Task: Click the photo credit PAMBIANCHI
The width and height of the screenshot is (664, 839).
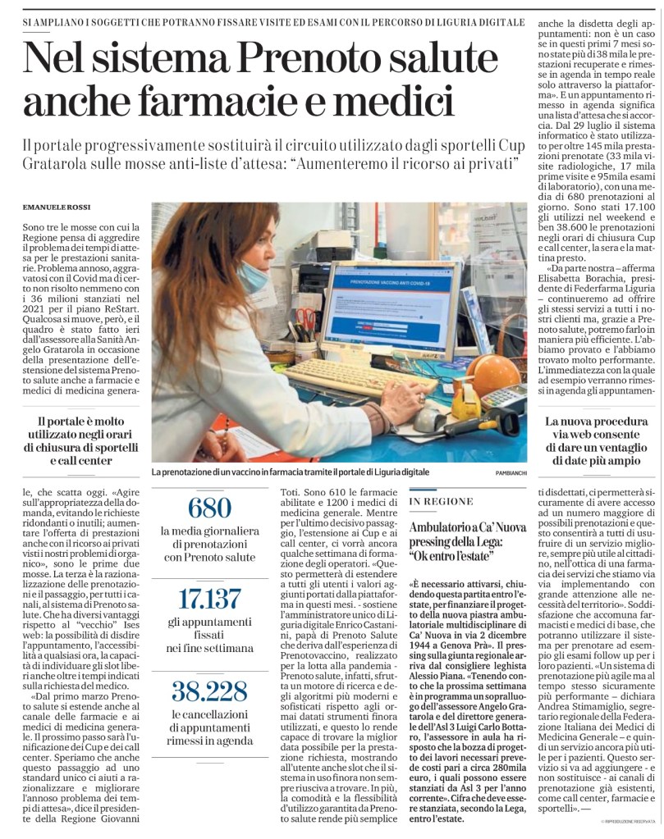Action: (511, 474)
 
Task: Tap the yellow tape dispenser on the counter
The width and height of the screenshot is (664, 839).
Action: (465, 401)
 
